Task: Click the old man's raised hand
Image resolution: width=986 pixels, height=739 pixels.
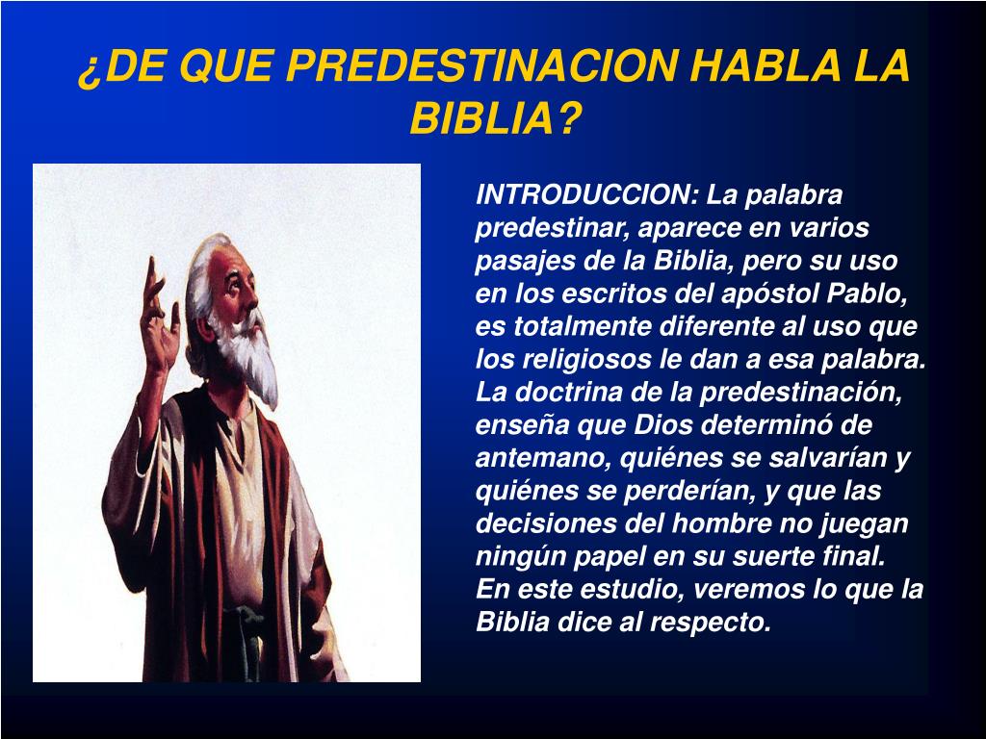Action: [159, 313]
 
